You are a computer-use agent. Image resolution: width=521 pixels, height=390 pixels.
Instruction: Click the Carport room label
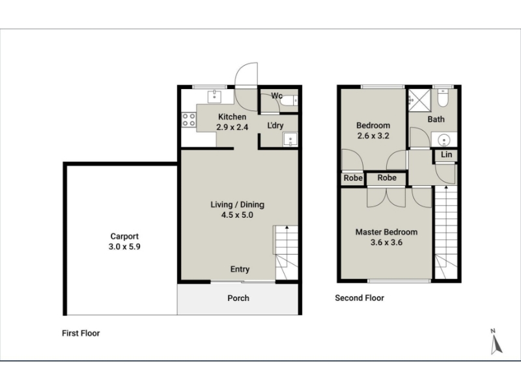[x=124, y=237]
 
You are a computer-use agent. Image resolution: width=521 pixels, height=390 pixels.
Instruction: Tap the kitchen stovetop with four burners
[x=189, y=120]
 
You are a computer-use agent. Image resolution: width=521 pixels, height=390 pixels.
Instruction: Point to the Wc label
[x=276, y=96]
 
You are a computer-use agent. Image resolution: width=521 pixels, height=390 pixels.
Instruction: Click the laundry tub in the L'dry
[x=290, y=140]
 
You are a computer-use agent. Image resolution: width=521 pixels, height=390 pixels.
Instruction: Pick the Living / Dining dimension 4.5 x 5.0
[x=237, y=215]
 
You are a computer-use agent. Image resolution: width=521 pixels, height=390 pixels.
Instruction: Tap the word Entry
[x=240, y=269]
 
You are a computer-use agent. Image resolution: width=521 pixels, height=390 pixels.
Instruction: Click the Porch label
[x=238, y=298]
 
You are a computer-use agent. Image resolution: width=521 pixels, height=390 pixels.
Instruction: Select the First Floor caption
[x=81, y=333]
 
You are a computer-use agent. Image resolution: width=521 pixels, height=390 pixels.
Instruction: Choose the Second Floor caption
[x=359, y=298]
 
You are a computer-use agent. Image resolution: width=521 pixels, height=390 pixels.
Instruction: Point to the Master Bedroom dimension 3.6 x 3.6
[x=386, y=242]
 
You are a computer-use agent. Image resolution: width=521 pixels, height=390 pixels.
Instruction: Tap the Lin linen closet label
[x=446, y=155]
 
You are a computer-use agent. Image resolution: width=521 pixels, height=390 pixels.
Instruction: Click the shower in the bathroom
[x=419, y=100]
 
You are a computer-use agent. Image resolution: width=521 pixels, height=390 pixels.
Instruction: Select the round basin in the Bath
[x=444, y=140]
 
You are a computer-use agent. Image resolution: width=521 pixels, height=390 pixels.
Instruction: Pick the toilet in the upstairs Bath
[x=443, y=97]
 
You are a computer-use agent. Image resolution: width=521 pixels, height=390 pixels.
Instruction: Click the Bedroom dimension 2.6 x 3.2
[x=373, y=136]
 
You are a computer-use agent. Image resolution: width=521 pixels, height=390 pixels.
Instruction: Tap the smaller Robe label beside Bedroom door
[x=353, y=178]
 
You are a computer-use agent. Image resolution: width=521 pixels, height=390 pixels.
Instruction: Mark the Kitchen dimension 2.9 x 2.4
[x=232, y=127]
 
